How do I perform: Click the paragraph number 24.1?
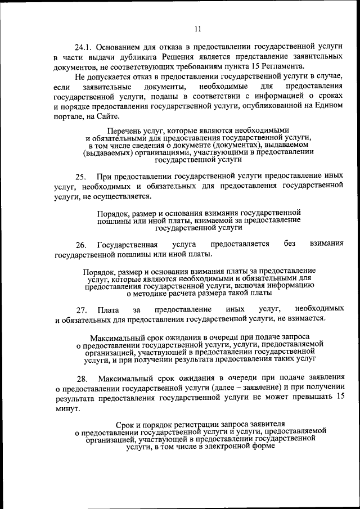(84, 48)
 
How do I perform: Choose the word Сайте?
(106, 116)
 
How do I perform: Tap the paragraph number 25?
(80, 177)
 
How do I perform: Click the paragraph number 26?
(80, 245)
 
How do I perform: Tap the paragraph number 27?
(80, 310)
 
